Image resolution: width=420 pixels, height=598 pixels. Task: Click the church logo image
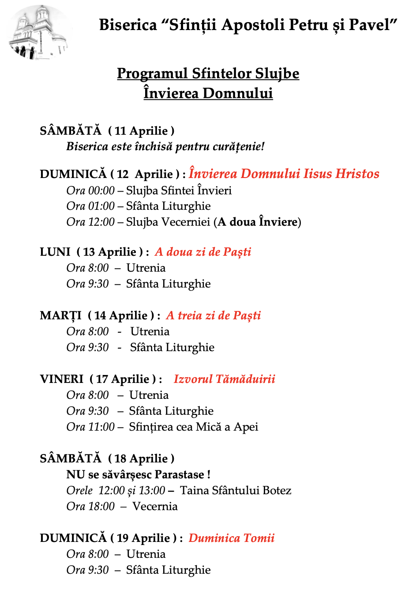click(40, 33)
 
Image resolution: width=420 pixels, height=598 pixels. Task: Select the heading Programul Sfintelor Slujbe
click(208, 73)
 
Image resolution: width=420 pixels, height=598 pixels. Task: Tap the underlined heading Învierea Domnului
click(208, 93)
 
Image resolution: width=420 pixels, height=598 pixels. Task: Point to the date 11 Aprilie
click(141, 131)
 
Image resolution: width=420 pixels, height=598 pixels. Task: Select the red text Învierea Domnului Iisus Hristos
click(284, 174)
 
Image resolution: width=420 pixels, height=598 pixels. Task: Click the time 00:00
click(101, 190)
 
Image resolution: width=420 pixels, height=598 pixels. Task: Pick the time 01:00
click(101, 206)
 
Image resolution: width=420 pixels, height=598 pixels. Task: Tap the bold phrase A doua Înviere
click(257, 222)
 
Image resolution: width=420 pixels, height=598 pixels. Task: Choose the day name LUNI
click(55, 252)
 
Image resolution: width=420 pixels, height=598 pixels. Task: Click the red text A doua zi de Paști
click(203, 252)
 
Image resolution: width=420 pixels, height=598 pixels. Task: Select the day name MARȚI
click(61, 315)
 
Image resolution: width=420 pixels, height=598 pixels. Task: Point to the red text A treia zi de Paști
click(214, 315)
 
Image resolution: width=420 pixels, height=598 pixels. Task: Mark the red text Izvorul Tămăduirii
click(224, 379)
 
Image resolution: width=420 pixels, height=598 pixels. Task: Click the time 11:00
click(101, 427)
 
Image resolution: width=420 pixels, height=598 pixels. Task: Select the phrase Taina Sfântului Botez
click(236, 490)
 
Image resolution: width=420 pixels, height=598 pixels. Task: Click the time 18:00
click(101, 506)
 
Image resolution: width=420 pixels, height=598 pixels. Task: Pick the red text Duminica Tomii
click(232, 538)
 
